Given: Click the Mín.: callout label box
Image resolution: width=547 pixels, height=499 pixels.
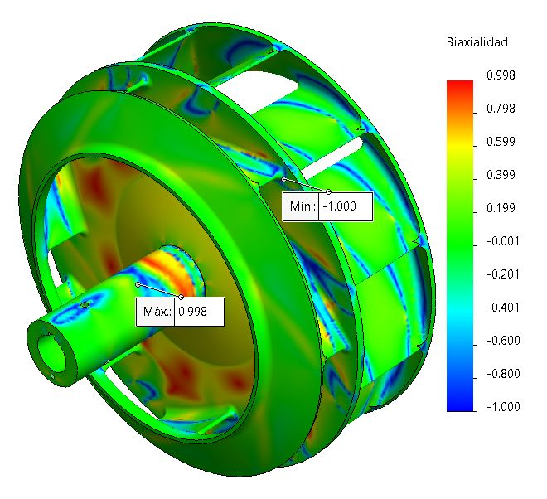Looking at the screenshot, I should (301, 206).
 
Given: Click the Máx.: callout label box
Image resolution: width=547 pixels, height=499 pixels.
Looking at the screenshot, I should (155, 312).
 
